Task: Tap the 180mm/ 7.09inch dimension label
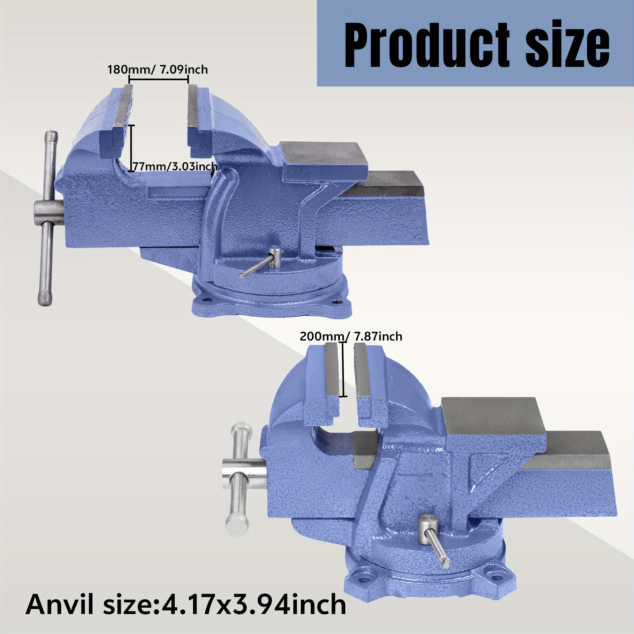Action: (x=158, y=69)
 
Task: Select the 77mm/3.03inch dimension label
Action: (x=175, y=166)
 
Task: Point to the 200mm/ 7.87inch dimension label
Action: (x=351, y=336)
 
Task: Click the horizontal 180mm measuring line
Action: (x=158, y=79)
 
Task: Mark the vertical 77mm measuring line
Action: (x=131, y=148)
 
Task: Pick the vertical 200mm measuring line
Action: (x=343, y=370)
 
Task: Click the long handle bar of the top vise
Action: (x=48, y=218)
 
